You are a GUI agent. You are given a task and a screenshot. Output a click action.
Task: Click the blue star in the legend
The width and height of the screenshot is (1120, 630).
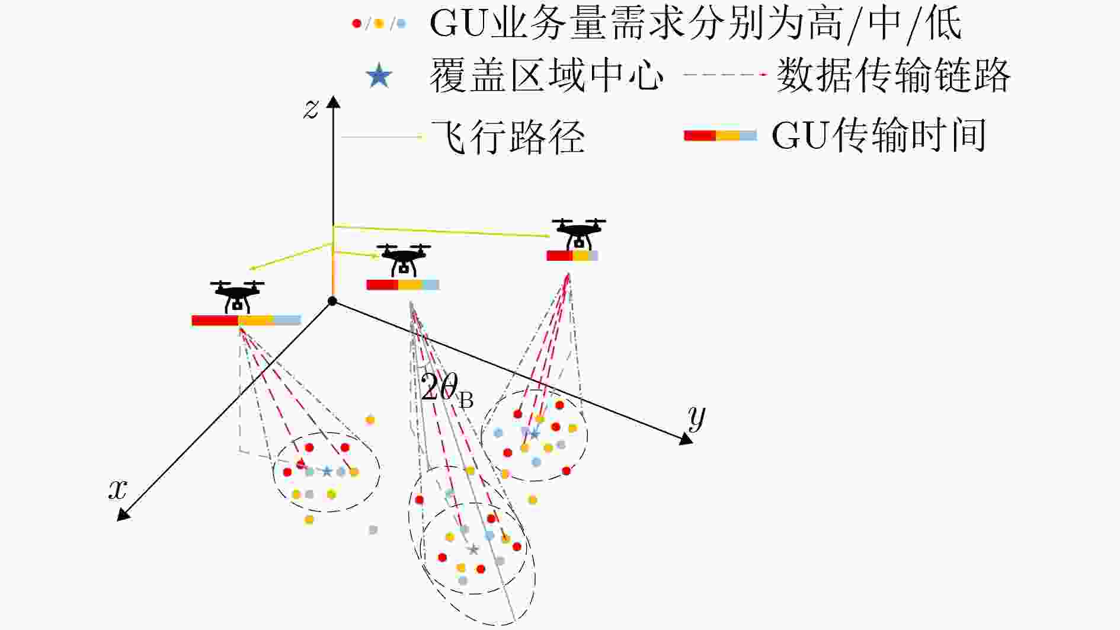tap(379, 76)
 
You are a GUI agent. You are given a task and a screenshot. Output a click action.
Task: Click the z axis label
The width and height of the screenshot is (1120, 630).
tap(311, 109)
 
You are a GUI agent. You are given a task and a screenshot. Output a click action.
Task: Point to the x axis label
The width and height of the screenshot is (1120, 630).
tap(118, 490)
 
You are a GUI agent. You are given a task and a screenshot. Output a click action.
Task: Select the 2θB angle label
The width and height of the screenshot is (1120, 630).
tap(446, 390)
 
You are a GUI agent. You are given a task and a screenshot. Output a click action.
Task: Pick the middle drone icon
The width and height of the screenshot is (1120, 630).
tap(404, 260)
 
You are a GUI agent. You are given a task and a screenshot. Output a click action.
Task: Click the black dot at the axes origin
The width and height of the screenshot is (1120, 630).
tap(332, 301)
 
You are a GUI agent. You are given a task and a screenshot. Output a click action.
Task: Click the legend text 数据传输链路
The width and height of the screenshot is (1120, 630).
tap(892, 76)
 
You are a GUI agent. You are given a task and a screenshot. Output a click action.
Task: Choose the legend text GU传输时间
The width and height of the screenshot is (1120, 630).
tap(879, 136)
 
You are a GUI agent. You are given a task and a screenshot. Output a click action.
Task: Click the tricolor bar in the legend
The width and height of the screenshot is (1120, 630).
tap(720, 136)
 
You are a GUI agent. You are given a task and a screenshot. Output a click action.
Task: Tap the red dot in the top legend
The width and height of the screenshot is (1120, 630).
tap(357, 24)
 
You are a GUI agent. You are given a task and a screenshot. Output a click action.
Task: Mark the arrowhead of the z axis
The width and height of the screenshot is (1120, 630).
tap(334, 102)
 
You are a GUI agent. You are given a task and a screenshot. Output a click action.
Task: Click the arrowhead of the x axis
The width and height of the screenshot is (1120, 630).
tap(123, 515)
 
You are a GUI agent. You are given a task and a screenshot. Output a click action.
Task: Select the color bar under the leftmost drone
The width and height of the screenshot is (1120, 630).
tap(246, 321)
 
